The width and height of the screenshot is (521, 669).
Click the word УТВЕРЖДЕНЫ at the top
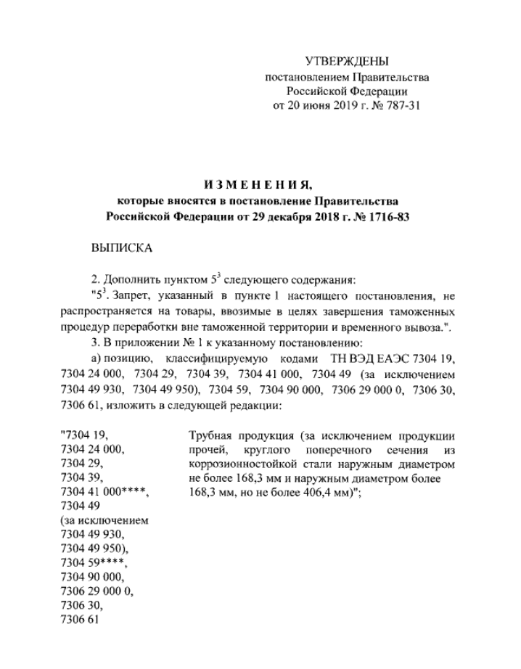(x=347, y=61)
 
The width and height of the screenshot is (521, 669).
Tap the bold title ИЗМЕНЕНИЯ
(x=259, y=182)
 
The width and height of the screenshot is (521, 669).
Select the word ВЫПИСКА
(x=122, y=248)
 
